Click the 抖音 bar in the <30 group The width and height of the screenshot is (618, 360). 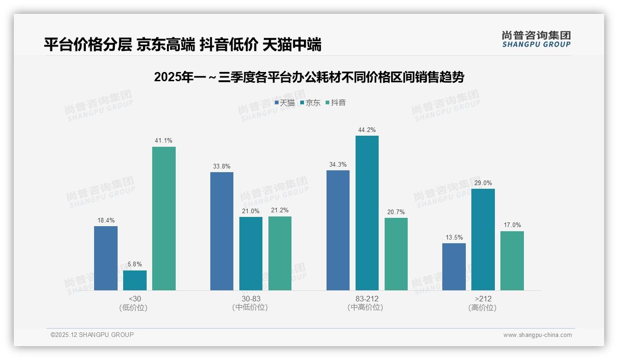[x=164, y=218]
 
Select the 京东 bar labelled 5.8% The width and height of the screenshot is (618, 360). [x=135, y=280]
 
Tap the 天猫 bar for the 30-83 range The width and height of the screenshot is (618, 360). [x=222, y=231]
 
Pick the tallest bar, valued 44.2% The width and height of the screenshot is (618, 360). [x=367, y=213]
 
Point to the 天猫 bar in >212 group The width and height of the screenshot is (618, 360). [x=454, y=267]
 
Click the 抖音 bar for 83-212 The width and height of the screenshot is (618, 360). [x=396, y=254]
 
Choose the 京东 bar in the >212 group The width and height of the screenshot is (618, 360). [x=483, y=240]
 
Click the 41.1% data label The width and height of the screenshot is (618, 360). [x=164, y=141]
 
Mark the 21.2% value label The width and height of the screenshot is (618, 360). [x=280, y=210]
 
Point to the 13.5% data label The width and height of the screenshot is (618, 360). [x=454, y=237]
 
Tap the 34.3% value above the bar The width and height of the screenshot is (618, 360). [x=338, y=164]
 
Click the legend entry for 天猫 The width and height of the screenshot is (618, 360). [x=285, y=103]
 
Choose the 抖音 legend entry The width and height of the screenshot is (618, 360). [x=336, y=103]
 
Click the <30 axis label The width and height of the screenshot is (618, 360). [x=135, y=299]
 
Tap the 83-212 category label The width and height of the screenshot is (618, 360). [x=367, y=299]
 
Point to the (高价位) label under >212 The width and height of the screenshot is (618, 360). [x=482, y=308]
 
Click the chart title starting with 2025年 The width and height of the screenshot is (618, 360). [x=309, y=77]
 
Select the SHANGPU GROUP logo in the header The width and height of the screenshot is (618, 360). [x=536, y=39]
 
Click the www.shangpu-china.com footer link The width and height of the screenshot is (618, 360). [x=537, y=335]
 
